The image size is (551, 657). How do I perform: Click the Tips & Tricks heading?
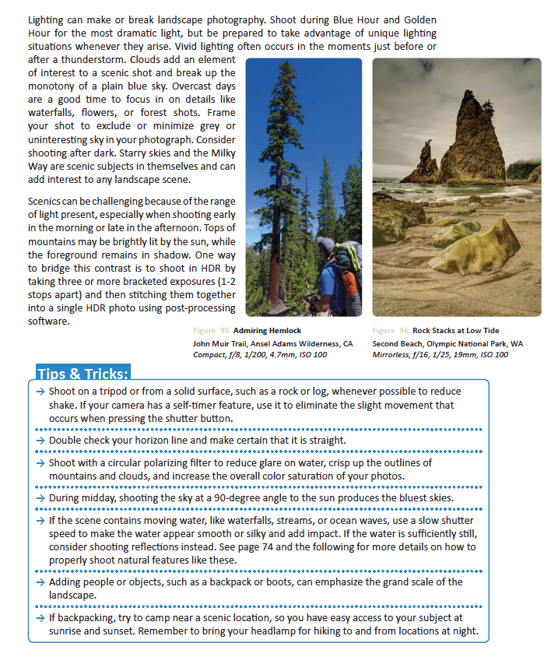coord(82,372)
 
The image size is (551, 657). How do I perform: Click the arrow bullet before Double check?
coord(40,441)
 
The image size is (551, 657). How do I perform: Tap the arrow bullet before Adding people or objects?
coord(40,581)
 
